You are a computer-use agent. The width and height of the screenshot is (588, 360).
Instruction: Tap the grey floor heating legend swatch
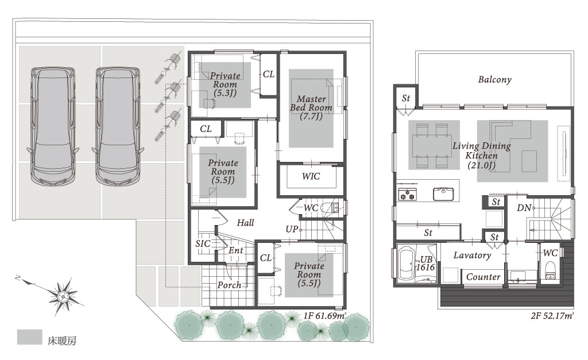[x=30, y=337]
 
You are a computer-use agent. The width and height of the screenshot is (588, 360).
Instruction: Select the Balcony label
[x=494, y=79]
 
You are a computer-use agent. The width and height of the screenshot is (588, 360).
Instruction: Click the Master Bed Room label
[x=311, y=107]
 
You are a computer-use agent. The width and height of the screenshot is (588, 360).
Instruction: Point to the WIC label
[x=311, y=176]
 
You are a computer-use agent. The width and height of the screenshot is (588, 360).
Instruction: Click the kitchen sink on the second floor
[x=443, y=194]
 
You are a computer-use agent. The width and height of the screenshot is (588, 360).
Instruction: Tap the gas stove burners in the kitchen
[x=407, y=195]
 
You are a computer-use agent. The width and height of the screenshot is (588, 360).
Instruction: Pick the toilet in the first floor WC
[x=330, y=208]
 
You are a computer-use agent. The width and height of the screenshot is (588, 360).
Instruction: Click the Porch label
[x=229, y=285]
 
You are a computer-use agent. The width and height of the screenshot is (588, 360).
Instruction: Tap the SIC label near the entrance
[x=203, y=243]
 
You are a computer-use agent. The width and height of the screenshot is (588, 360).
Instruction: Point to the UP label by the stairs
[x=291, y=229]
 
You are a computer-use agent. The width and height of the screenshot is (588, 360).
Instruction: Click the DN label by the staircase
[x=524, y=207]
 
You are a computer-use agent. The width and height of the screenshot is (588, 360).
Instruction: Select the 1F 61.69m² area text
[x=324, y=315]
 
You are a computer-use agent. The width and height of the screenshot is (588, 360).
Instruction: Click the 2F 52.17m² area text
[x=552, y=316]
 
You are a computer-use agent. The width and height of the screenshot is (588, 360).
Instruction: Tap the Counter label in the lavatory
[x=483, y=277]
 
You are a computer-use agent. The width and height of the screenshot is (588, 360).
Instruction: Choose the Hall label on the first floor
[x=245, y=223]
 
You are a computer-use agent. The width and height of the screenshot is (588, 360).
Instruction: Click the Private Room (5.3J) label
[x=225, y=84]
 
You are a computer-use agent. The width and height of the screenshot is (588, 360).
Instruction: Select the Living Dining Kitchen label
[x=482, y=155]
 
